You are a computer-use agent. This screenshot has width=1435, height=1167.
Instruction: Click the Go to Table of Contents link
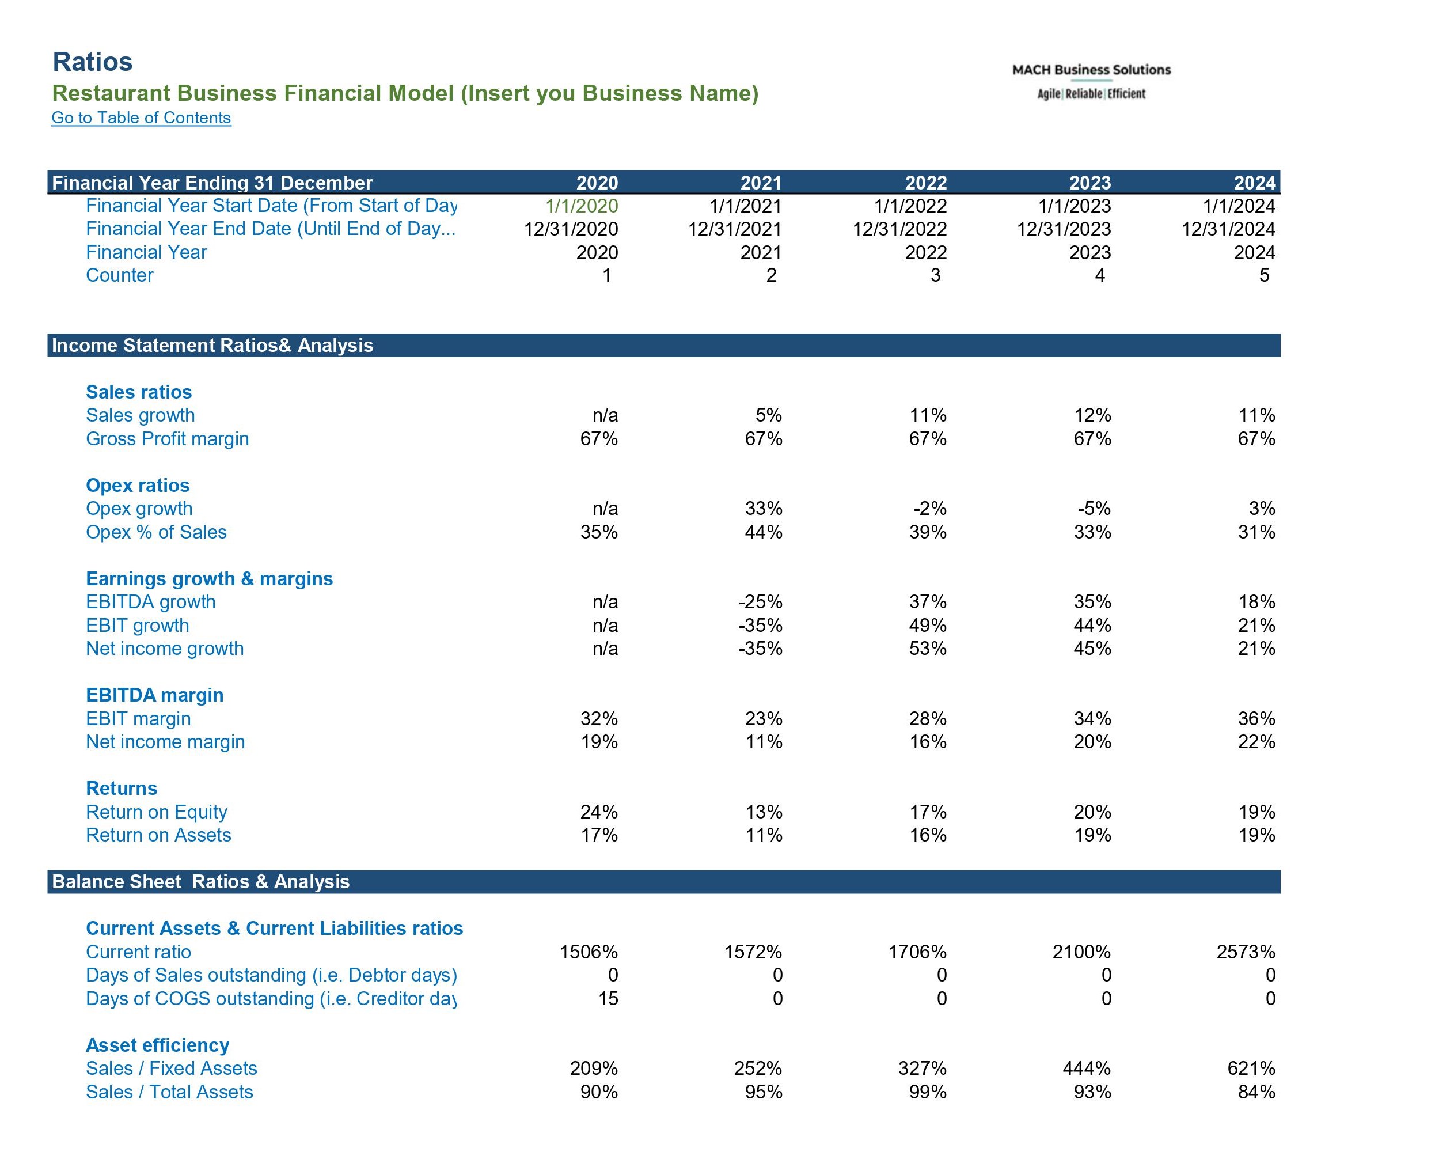point(141,118)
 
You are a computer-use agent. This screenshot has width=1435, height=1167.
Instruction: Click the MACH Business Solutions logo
point(1091,81)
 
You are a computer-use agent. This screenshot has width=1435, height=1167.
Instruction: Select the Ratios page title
point(93,62)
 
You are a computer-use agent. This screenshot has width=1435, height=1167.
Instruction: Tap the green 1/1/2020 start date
point(582,206)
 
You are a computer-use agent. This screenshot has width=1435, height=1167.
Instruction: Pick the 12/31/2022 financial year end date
point(899,229)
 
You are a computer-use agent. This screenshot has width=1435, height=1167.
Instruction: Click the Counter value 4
point(1100,275)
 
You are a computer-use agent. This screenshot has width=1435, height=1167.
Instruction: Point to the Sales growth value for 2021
point(768,415)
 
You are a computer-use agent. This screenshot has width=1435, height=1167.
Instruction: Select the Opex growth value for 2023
point(1094,509)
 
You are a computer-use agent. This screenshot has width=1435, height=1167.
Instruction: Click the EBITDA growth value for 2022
point(928,602)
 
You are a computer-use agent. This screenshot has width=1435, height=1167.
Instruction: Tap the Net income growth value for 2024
point(1256,649)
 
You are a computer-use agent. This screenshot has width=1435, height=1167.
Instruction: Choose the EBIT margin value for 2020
point(599,719)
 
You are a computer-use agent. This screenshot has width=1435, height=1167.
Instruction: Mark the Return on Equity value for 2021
point(764,812)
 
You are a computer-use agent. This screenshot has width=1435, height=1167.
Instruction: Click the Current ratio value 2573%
point(1246,952)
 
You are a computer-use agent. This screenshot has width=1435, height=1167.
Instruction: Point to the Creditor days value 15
point(608,999)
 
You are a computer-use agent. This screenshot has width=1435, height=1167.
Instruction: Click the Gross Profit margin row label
point(168,439)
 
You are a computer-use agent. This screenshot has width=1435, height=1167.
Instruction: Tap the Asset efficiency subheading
point(157,1045)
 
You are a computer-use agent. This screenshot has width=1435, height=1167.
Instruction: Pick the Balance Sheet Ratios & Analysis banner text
point(201,882)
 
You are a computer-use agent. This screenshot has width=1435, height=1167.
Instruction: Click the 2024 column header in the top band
point(1254,183)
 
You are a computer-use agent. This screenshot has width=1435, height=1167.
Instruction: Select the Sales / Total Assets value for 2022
point(928,1092)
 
